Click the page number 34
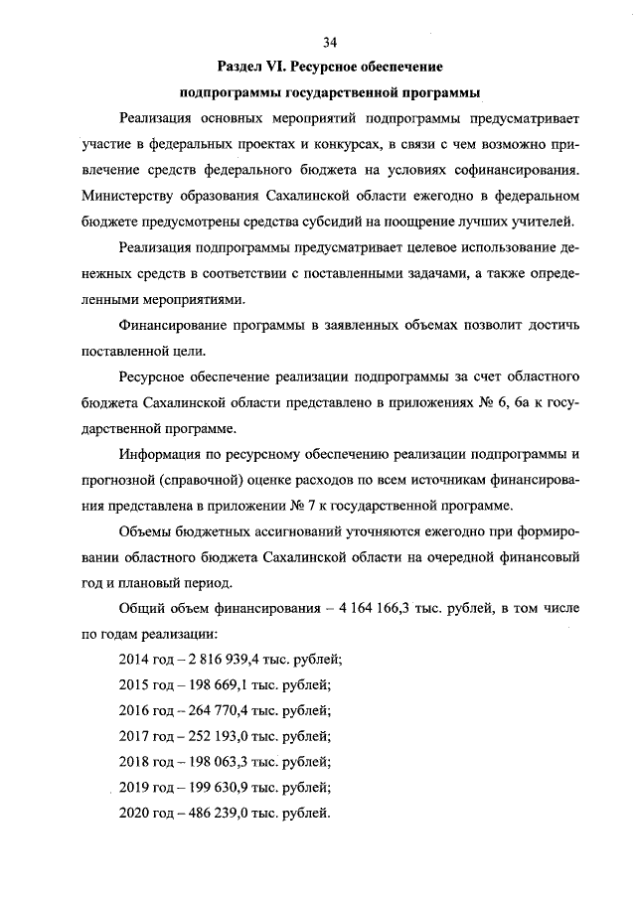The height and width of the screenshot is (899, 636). (331, 42)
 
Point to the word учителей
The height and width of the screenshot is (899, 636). (545, 222)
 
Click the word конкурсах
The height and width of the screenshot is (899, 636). (331, 144)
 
